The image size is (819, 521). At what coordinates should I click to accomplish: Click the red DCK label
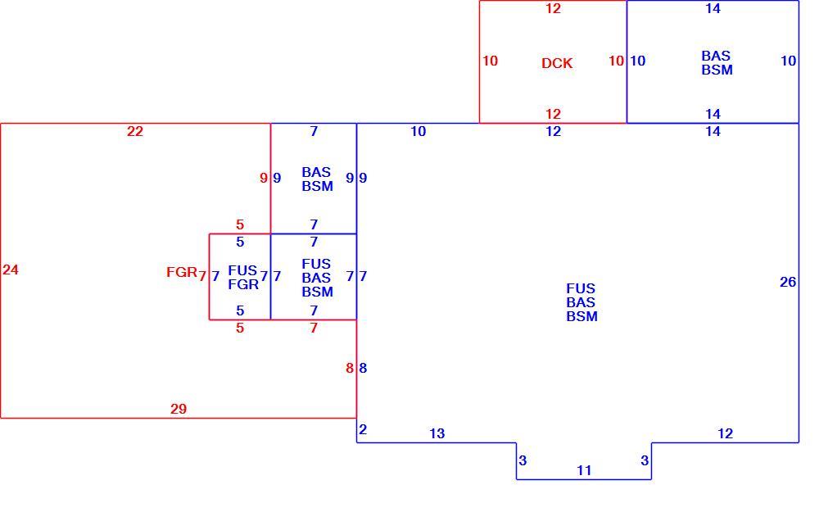pos(557,63)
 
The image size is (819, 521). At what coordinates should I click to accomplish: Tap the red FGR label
pos(182,272)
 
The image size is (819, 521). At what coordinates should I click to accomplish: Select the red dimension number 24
pos(11,270)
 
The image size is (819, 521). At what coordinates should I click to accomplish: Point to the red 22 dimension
pos(135,132)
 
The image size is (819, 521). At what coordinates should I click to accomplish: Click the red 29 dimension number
pos(179,409)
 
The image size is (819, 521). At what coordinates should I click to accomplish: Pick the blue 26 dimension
pos(788,282)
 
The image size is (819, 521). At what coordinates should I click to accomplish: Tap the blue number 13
pos(437,433)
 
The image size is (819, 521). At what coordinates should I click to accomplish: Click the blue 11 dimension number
pos(584,471)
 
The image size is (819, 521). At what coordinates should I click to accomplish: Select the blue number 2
pos(363,429)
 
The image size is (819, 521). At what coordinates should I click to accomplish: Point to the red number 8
pos(350,369)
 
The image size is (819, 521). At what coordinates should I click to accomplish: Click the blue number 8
pos(363,369)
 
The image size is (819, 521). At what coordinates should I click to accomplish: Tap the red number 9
pos(264,179)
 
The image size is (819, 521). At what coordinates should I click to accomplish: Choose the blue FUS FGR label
pos(243,278)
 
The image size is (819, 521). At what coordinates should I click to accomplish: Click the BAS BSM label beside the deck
pos(717,63)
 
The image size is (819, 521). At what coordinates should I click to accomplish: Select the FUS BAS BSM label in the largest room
pos(581,302)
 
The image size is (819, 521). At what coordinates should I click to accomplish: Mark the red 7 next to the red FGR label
pos(202,276)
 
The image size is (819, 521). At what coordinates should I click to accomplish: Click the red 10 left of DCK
pos(490,61)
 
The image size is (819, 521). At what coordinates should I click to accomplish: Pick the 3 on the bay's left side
pos(523,461)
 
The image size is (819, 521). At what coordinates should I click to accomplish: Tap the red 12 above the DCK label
pos(553,9)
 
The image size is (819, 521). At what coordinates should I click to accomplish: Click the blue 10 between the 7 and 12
pos(419,132)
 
